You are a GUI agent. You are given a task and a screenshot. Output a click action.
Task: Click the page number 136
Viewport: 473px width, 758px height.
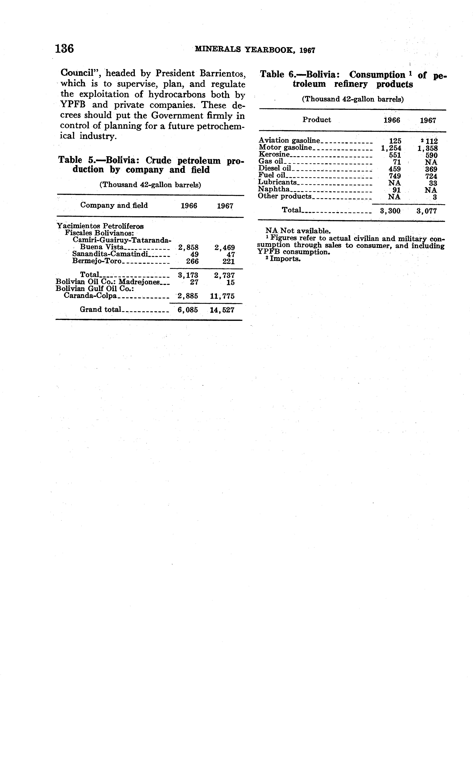coord(64,49)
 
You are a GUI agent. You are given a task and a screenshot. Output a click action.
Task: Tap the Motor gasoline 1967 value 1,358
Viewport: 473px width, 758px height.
coord(428,148)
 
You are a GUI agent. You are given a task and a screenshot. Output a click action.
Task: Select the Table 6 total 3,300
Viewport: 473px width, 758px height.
coord(390,211)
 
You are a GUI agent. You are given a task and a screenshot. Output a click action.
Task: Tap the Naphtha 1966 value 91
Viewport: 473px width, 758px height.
coord(397,190)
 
